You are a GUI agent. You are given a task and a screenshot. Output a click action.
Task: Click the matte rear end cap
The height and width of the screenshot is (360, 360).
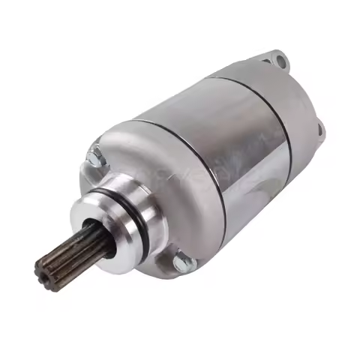(296, 120)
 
